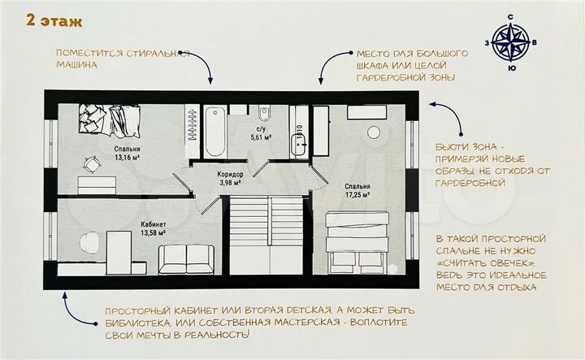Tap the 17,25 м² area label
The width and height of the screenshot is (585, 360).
point(355,195)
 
